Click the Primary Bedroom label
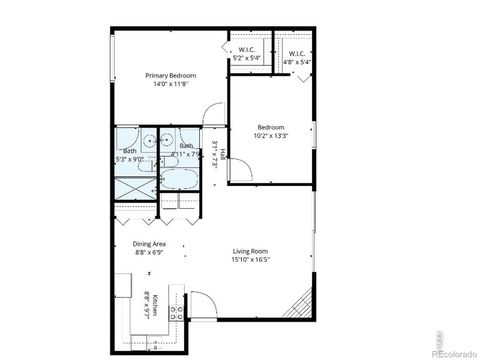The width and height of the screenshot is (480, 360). [x=170, y=76]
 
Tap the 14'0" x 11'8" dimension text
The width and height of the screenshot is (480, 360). [x=170, y=85]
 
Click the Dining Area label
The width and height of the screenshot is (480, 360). [x=149, y=243]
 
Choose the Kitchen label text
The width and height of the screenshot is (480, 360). [x=156, y=300]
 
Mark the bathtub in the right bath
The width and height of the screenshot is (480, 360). [x=180, y=180]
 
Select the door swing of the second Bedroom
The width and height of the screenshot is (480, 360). [x=240, y=171]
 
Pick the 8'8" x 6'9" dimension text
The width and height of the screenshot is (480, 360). [x=149, y=252]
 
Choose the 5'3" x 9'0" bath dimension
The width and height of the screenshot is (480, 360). [x=130, y=157]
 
